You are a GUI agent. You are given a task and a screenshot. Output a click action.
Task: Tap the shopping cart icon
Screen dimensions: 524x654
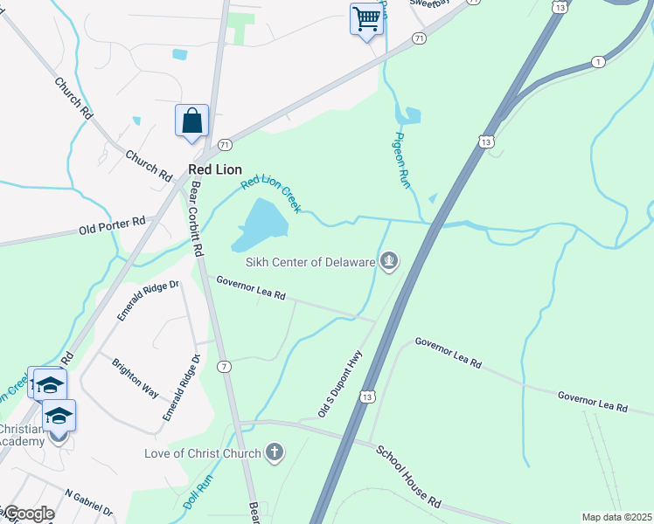coord(367,17)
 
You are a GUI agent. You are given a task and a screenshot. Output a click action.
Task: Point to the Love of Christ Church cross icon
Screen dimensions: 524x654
coord(275,452)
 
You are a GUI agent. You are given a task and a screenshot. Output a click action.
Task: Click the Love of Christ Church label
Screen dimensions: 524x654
coord(203,453)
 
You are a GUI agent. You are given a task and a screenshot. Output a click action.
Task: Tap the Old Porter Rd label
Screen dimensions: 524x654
coord(111,227)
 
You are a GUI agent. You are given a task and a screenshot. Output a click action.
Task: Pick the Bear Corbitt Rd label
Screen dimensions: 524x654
coord(197,217)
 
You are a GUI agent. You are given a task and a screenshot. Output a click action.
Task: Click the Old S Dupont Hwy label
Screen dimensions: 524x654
coord(341,383)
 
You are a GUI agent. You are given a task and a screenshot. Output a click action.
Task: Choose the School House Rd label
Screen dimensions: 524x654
coord(408,477)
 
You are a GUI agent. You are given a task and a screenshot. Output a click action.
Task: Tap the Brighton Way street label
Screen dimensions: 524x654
coord(136,376)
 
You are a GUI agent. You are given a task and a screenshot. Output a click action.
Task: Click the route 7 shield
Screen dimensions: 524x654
coord(226,366)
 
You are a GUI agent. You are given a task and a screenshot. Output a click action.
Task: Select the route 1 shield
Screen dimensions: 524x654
coord(598,61)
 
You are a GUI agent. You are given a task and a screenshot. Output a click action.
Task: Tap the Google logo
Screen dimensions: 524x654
coord(28,514)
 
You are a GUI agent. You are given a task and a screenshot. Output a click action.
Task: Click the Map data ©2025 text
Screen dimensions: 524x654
coord(616,517)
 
